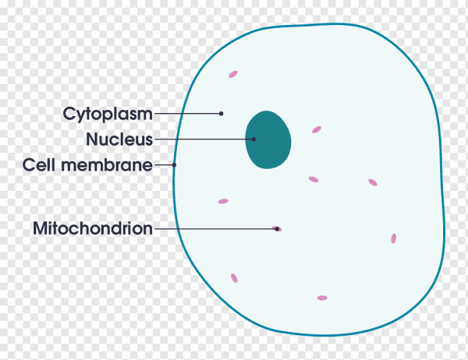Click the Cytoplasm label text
108,115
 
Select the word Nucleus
119,139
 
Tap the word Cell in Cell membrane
39,165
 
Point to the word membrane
107,165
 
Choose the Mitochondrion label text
93,228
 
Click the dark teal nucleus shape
268,139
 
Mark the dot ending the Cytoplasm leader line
222,113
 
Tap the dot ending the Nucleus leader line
253,139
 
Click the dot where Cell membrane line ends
174,164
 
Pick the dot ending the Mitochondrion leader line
277,229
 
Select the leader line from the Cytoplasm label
188,113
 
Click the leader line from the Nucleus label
204,139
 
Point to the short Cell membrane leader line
164,164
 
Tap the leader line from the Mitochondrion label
216,229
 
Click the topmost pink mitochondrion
233,74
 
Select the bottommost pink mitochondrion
322,298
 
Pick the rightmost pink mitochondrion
394,238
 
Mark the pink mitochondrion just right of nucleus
317,129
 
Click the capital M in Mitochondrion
40,228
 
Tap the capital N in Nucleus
91,139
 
